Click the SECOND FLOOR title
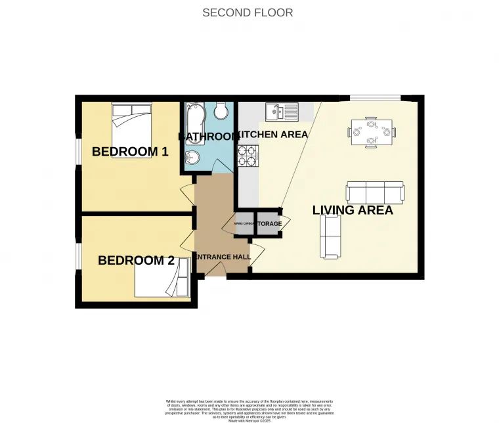point(248,12)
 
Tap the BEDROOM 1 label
point(130,152)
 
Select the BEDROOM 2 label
point(136,261)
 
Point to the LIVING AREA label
point(353,210)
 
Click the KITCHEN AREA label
point(272,135)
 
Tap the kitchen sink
point(282,112)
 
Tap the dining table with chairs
point(372,132)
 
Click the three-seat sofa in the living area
point(375,192)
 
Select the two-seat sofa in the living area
point(330,236)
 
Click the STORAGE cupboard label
point(269,224)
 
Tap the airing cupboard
point(244,224)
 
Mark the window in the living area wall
point(374,98)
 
